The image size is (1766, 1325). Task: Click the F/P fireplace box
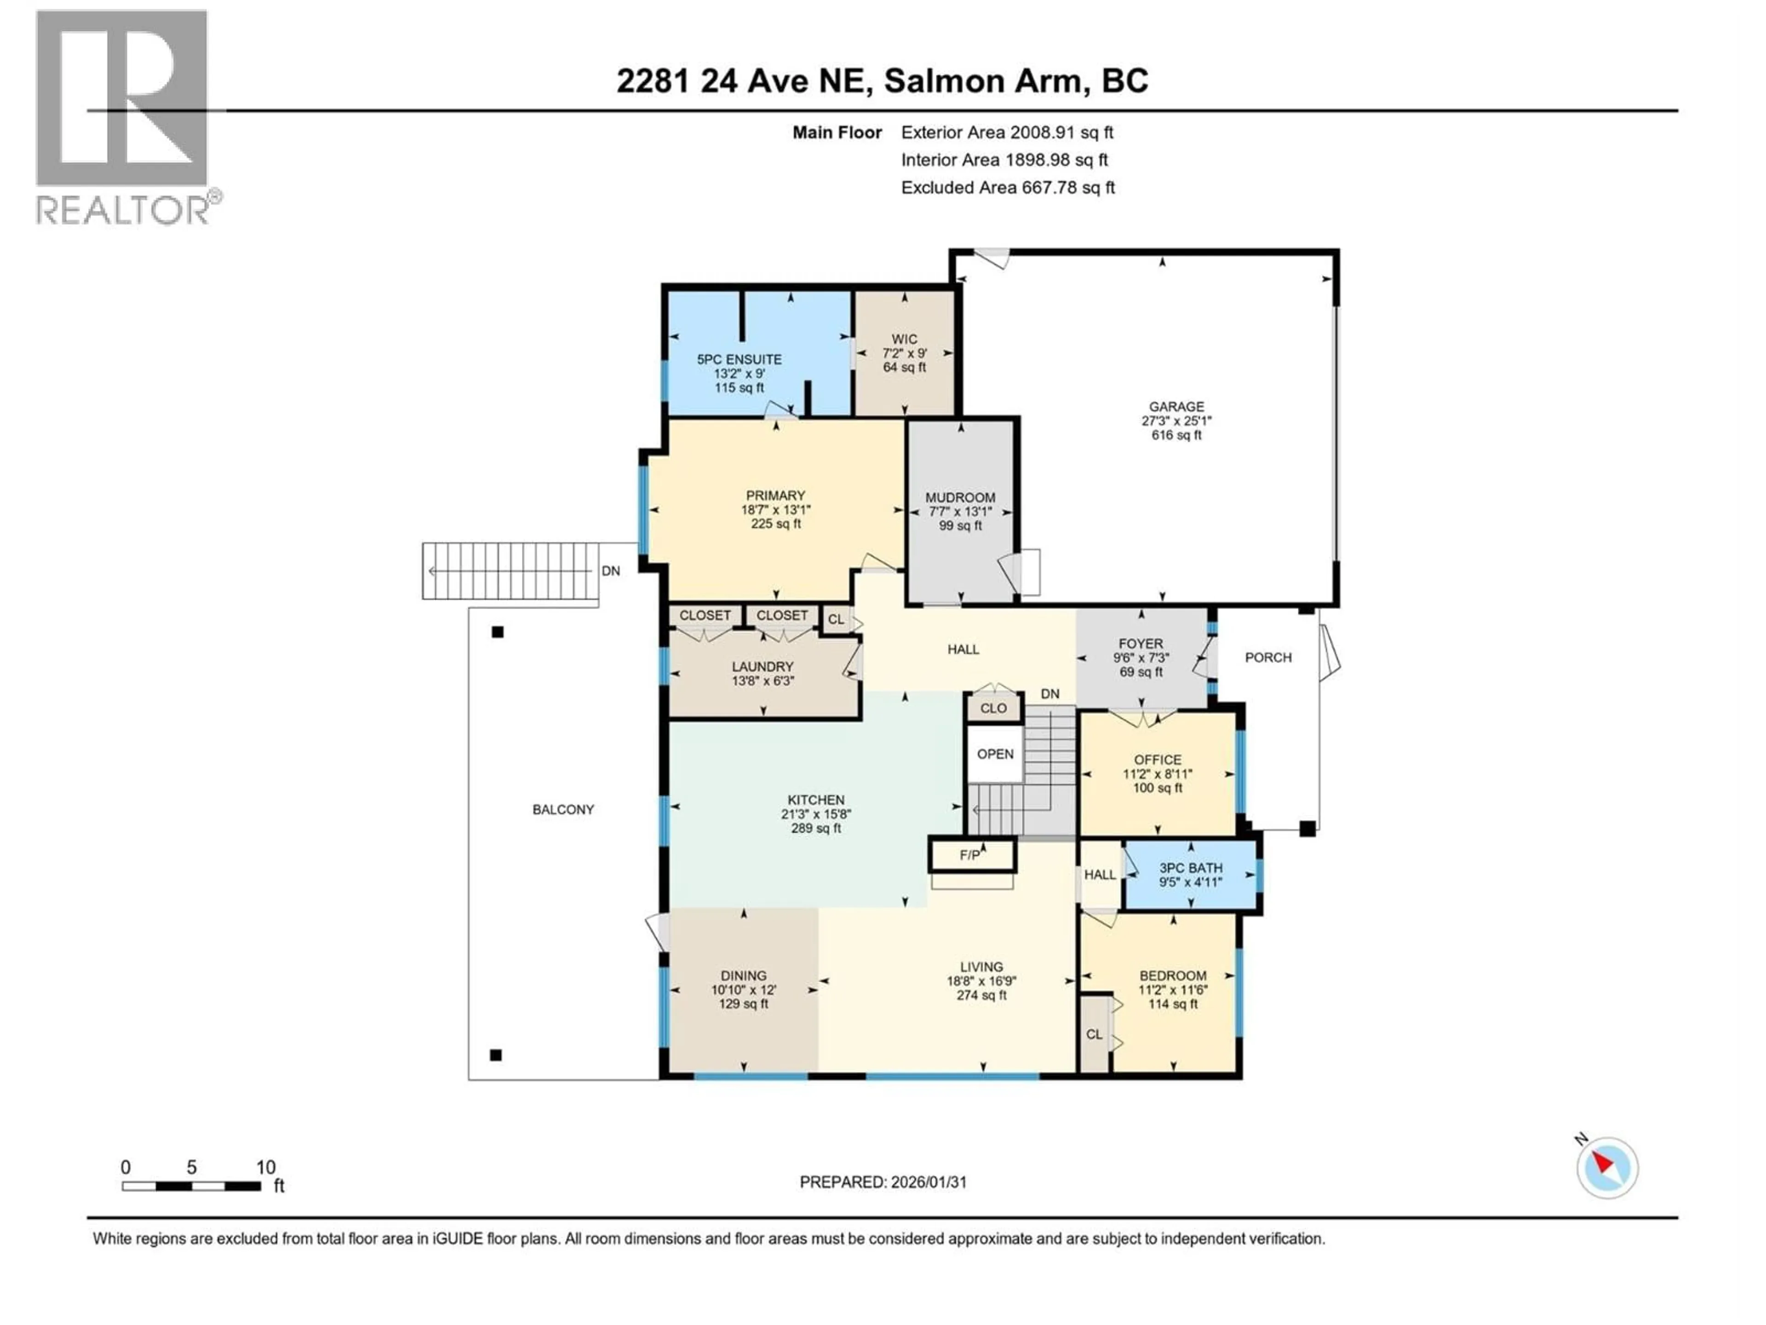click(x=971, y=855)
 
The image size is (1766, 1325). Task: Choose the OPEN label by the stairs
click(x=995, y=754)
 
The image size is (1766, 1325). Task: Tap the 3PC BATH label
click(x=1190, y=868)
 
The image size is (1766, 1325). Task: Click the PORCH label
click(x=1268, y=657)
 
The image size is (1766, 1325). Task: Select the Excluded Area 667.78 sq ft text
click(x=1008, y=188)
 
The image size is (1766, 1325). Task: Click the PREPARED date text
click(x=883, y=1182)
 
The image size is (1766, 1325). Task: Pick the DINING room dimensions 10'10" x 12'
click(x=743, y=990)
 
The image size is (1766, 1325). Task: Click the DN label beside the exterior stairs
click(x=611, y=571)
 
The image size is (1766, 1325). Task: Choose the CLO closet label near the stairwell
click(x=993, y=709)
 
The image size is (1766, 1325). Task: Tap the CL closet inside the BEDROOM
click(x=1094, y=1034)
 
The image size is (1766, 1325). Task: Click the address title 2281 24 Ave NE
click(x=742, y=81)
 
